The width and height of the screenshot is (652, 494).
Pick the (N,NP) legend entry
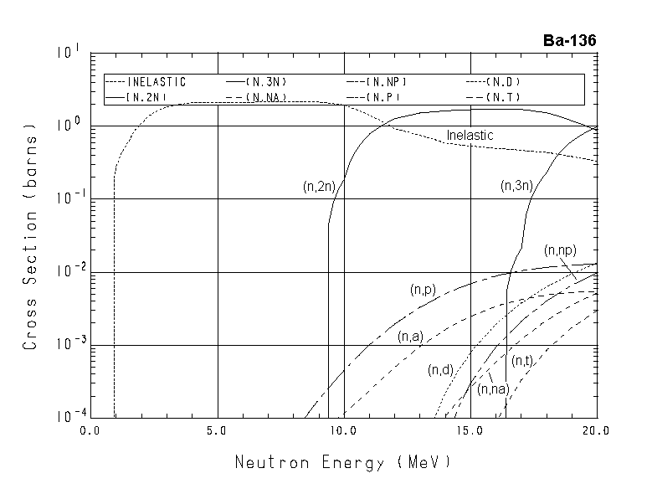point(387,82)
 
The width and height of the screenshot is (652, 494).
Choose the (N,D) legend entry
point(505,82)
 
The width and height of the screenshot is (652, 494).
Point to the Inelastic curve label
point(470,136)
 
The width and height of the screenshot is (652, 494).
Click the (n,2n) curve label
point(319,188)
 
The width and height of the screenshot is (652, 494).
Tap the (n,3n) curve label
point(516,186)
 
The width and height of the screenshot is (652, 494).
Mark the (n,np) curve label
point(559,250)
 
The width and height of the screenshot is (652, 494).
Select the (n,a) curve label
point(409,337)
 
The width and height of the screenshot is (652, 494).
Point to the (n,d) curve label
point(440,369)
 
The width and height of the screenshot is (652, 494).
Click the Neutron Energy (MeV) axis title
point(342,461)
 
